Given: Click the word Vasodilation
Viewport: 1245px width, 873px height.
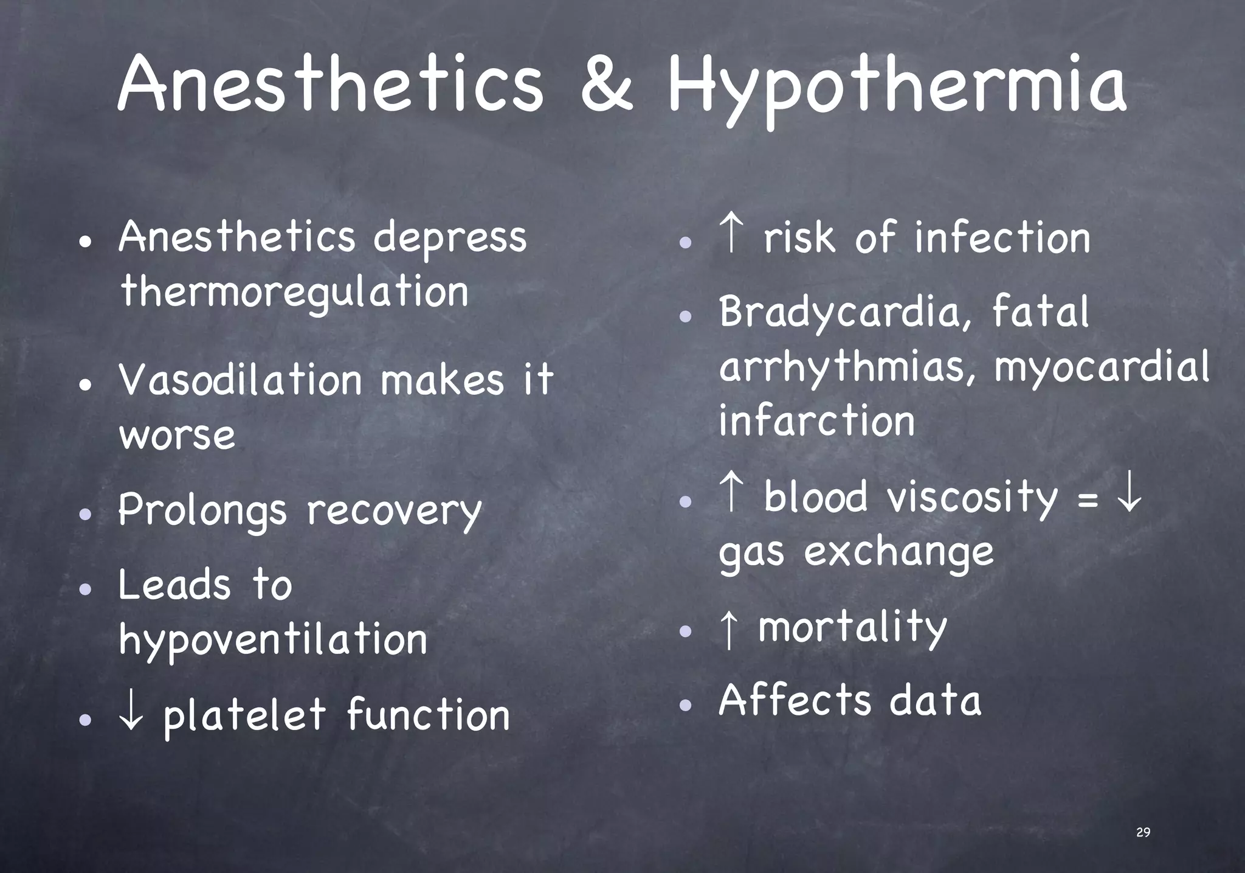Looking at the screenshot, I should point(241,380).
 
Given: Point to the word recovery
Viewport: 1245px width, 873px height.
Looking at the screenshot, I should point(394,511).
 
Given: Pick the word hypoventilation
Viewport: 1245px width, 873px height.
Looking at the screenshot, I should point(273,641).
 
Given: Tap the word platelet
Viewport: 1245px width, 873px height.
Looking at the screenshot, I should point(244,715).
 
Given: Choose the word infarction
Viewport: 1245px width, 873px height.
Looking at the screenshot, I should point(816,421).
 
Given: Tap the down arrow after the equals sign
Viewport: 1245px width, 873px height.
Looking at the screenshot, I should point(1129,496).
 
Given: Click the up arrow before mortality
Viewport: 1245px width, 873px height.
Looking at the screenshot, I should point(728,628).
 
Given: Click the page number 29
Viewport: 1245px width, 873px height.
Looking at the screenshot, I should point(1143,832).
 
